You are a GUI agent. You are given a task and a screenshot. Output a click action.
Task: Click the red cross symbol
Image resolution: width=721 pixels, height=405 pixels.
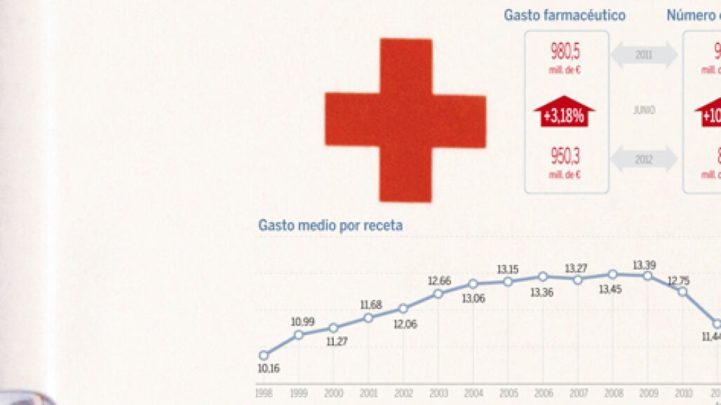tap(405, 121)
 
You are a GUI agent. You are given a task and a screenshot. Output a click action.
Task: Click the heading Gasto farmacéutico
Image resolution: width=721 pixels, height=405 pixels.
tap(565, 15)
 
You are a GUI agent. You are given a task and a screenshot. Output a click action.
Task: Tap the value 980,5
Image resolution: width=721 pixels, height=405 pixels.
tap(566, 52)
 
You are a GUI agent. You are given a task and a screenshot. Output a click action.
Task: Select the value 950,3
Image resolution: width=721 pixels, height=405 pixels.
tap(566, 156)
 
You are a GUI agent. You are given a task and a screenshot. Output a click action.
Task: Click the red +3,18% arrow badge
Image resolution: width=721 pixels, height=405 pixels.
tap(565, 113)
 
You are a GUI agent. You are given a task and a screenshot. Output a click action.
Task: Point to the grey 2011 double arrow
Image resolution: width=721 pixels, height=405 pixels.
tap(644, 55)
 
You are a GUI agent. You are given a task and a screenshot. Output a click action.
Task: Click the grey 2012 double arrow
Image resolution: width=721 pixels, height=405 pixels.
tap(644, 160)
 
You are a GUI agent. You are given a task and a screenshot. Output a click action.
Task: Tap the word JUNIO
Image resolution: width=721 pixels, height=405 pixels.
tap(644, 111)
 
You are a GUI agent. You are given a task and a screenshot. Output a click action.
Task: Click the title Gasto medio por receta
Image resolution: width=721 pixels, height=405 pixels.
tap(330, 226)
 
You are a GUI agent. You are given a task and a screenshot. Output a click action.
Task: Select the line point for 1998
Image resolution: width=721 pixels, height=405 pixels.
tap(264, 355)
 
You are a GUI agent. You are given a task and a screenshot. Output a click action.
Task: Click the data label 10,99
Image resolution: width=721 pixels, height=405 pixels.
tap(303, 322)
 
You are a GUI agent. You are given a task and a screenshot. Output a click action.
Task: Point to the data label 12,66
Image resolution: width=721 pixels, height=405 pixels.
tap(439, 281)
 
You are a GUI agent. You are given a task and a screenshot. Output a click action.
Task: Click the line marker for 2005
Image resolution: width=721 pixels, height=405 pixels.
tap(508, 282)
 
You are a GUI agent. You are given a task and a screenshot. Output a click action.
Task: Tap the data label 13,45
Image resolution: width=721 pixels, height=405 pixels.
tap(610, 289)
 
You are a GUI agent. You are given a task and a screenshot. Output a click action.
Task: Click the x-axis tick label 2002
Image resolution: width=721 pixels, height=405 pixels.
tap(403, 394)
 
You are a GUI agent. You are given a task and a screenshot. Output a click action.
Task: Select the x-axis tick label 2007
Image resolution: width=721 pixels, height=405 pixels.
tap(577, 394)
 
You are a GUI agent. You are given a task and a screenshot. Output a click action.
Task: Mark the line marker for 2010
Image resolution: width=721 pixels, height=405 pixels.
tap(682, 291)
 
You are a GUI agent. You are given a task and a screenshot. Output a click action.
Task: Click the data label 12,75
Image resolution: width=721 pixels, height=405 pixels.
tap(678, 280)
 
